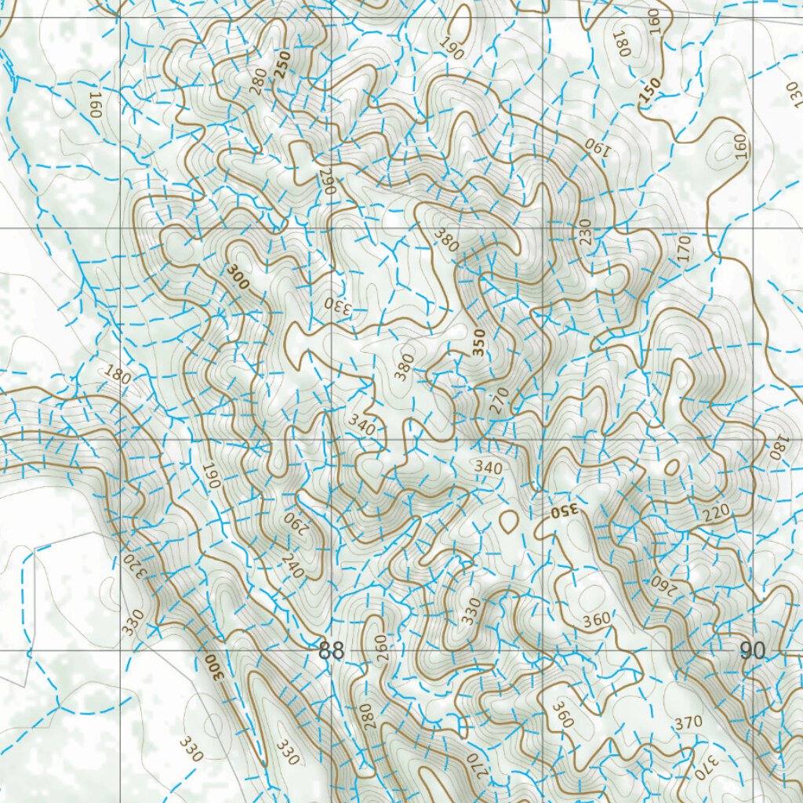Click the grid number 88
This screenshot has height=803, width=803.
[332, 652]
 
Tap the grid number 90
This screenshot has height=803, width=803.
[752, 651]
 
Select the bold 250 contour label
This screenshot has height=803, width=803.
[282, 64]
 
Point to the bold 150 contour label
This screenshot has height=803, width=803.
[650, 92]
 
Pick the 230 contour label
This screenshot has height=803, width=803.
[585, 233]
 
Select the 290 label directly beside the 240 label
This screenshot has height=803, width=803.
[293, 522]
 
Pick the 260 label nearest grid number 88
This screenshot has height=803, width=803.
[382, 649]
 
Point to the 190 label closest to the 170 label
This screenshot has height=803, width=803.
[597, 145]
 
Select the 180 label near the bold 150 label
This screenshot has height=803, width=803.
[625, 42]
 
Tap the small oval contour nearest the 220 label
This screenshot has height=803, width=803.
[671, 467]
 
